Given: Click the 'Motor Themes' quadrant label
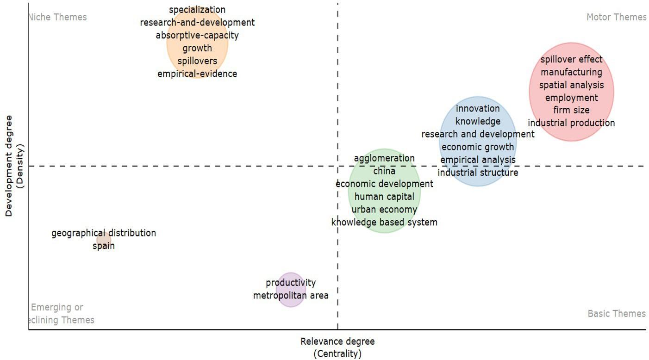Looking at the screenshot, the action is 616,17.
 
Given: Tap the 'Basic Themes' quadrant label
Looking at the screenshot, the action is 616,314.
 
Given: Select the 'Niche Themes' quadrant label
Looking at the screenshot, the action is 58,17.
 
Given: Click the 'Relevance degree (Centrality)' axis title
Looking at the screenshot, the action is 337,348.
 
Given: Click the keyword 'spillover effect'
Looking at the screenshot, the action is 571,59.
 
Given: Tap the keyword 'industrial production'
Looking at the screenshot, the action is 571,123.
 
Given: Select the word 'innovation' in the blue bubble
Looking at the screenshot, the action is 478,108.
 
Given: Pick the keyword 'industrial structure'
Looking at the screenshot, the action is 478,173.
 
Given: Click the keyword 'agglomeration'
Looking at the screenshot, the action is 384,158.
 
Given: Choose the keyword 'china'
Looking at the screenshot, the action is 384,171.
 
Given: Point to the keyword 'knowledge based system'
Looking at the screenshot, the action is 384,222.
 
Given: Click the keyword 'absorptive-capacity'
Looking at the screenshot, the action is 197,35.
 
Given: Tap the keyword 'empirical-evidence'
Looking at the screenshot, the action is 197,74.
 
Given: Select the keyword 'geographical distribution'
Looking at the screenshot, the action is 104,233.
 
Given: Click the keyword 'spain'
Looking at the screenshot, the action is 104,246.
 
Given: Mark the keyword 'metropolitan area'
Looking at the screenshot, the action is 291,295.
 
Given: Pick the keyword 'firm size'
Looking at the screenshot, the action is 571,110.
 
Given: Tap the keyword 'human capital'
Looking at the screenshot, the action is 384,197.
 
